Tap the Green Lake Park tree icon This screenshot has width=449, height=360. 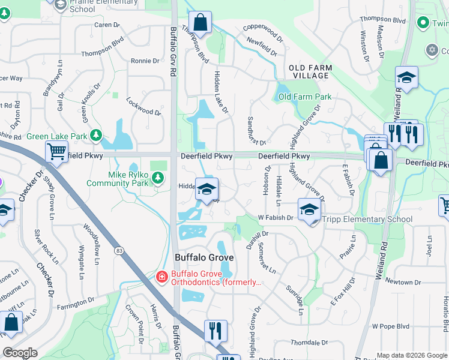[95, 136]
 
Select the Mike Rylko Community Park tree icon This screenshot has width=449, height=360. [157, 177]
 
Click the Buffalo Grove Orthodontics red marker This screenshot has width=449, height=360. [161, 277]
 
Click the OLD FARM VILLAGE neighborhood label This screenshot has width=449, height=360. [309, 71]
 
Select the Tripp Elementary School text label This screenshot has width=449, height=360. [367, 219]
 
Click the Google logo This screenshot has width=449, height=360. [20, 353]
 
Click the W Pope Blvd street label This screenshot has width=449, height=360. [390, 326]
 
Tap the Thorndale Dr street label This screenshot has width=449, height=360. [307, 341]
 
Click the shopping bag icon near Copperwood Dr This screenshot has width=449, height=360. [202, 23]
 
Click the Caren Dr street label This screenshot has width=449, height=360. [107, 25]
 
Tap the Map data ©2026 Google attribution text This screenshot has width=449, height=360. [411, 355]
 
